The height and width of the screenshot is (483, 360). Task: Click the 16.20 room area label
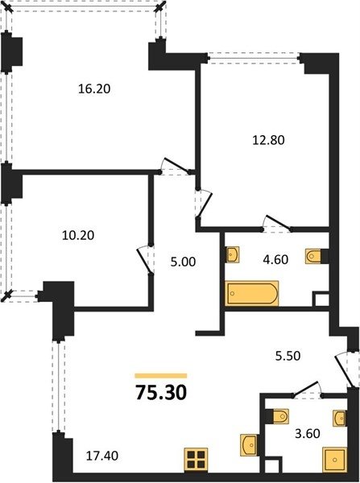(94, 89)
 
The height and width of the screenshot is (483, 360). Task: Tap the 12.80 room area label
(268, 140)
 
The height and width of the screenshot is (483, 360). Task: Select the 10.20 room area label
(78, 235)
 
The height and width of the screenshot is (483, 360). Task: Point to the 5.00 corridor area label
(183, 262)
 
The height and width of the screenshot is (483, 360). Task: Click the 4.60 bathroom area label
(275, 259)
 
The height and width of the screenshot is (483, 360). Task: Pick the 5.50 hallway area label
(288, 356)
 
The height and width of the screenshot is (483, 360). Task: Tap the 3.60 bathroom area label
(308, 433)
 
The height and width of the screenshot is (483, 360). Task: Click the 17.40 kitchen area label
(102, 456)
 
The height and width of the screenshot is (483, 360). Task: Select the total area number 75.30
(161, 393)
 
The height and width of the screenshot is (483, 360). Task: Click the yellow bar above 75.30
(161, 375)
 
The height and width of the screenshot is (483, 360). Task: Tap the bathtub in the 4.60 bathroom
(252, 293)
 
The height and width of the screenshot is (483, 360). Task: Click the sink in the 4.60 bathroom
(233, 254)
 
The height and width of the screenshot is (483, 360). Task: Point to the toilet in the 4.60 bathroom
(313, 256)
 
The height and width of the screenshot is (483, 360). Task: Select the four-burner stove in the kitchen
(196, 460)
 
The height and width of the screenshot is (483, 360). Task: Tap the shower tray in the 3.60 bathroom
(335, 460)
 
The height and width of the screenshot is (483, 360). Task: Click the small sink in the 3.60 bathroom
(340, 419)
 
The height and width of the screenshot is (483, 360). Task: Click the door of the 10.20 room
(145, 261)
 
